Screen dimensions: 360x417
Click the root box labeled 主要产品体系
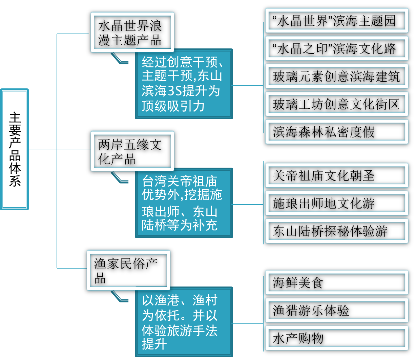point(14,149)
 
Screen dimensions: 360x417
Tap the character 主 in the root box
point(15,118)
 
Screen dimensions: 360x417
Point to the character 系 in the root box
point(15,181)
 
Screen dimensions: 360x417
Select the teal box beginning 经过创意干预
point(184,84)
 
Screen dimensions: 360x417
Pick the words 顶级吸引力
point(173,106)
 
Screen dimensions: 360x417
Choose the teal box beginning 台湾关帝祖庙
point(184,203)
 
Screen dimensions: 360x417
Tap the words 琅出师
point(161,212)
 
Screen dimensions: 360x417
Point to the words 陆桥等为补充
point(180,225)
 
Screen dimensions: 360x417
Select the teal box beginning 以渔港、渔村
point(184,322)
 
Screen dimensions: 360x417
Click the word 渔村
point(205,300)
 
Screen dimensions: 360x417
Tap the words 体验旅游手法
point(180,331)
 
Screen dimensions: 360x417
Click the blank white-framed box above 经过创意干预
point(132,32)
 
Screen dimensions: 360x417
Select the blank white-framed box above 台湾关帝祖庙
point(132,151)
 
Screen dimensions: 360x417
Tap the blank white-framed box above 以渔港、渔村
point(128,270)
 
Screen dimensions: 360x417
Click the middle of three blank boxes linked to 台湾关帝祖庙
point(337,203)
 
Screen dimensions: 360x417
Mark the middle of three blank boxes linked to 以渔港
point(337,310)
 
